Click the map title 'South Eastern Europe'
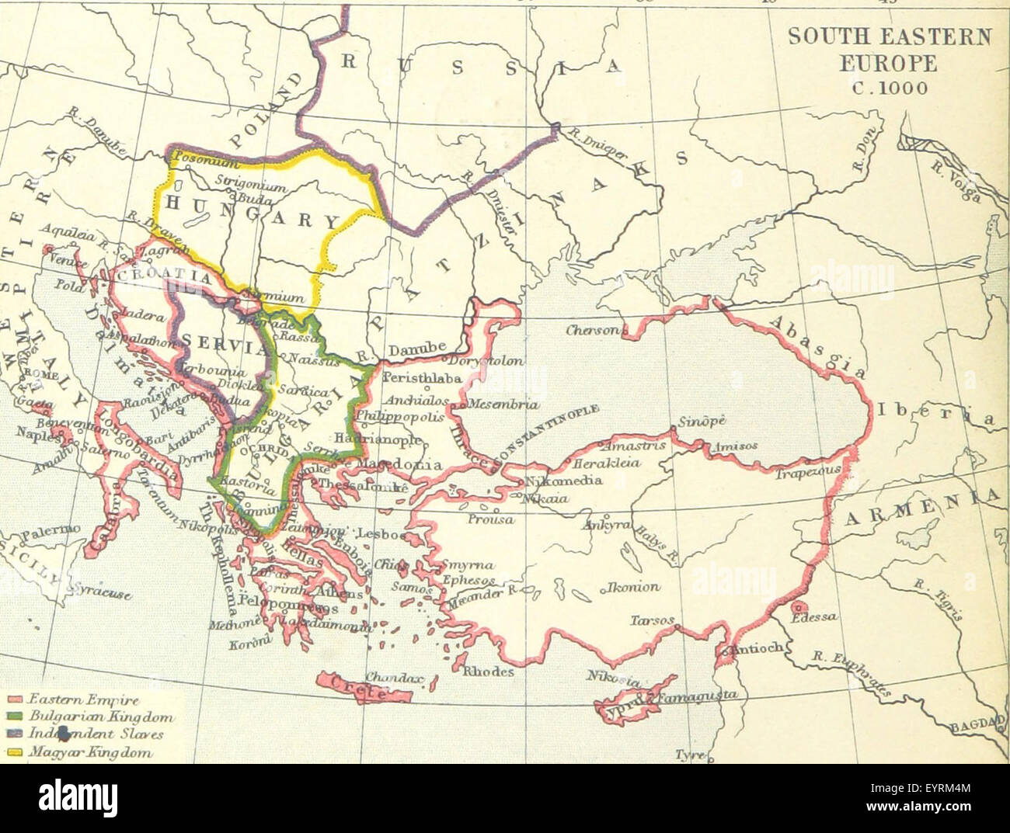[x=890, y=49]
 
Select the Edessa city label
[x=814, y=617]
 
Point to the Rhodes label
[x=488, y=672]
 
